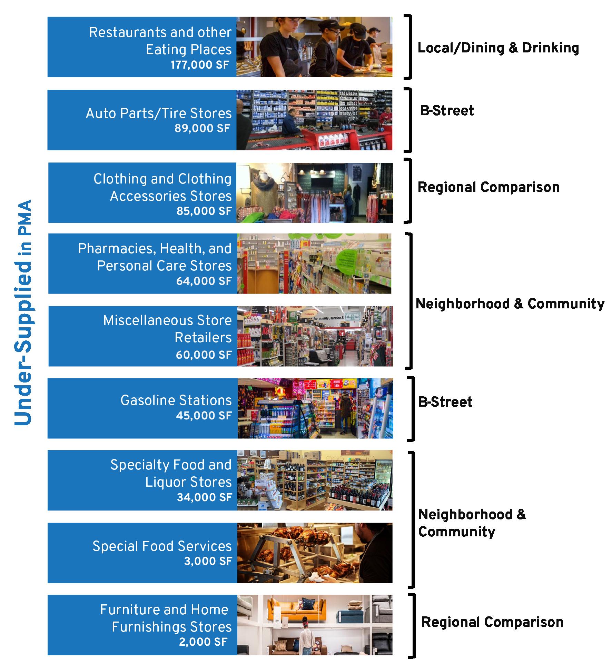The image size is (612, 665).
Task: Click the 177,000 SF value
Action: [200, 65]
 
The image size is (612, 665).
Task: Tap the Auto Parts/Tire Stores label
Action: [159, 113]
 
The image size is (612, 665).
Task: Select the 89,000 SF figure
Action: [202, 129]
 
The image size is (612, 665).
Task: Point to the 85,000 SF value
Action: [204, 211]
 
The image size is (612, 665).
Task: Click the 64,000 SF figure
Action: [204, 281]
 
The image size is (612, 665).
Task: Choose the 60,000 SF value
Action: [204, 355]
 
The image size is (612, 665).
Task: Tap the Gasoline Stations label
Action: [176, 400]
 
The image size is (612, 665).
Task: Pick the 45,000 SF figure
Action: [204, 416]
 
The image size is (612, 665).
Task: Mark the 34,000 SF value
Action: [204, 497]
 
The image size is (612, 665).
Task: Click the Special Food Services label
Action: [162, 546]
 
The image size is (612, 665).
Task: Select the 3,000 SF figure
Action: [208, 561]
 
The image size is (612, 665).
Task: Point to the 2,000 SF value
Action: [203, 642]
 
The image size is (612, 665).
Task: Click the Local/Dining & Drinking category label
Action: [498, 48]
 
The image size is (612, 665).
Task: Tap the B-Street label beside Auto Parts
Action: [447, 111]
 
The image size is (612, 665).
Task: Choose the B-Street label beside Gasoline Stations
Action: [445, 402]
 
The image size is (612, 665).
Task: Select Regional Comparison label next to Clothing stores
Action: [488, 187]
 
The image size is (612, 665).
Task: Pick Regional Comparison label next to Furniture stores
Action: [492, 622]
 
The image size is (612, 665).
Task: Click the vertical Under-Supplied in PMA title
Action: [23, 312]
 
